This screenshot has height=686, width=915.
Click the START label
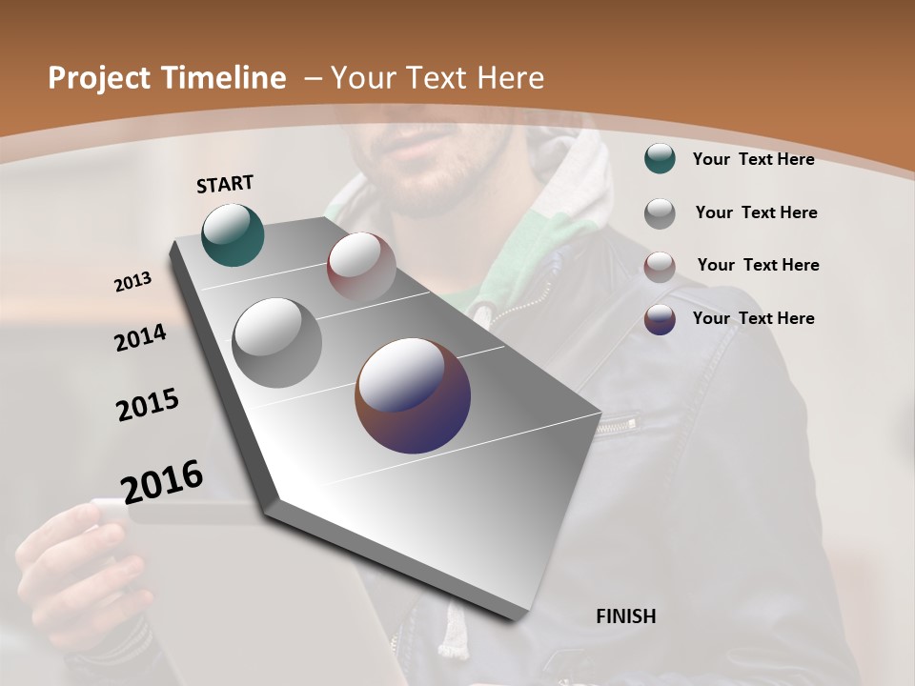[225, 184]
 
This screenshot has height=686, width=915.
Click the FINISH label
[625, 616]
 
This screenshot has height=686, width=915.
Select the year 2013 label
[132, 282]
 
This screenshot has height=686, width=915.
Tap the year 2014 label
[140, 338]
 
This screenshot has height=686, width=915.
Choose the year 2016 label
[162, 481]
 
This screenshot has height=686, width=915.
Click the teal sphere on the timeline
[233, 235]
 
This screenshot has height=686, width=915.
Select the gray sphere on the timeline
[276, 342]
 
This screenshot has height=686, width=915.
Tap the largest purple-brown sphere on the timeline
[413, 395]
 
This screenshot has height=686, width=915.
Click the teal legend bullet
[660, 159]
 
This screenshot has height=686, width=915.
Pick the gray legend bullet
[660, 212]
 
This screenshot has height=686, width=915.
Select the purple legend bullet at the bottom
[660, 319]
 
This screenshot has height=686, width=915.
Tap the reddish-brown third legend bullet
[660, 266]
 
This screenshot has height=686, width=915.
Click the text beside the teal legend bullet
[753, 159]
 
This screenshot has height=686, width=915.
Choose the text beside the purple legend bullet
[753, 318]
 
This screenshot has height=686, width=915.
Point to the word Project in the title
[92, 78]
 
